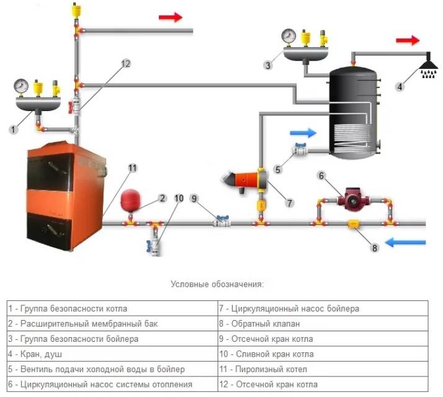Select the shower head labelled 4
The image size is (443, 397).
coord(427,65)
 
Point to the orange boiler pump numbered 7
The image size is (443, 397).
coord(254,180)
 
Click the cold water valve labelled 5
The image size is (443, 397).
coord(300,149)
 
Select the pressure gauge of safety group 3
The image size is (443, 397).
coord(288,35)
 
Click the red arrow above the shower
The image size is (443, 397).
coord(407,41)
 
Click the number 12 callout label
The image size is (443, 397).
coord(126,63)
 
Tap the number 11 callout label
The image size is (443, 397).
coord(132,167)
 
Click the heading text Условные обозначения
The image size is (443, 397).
coord(217,284)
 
